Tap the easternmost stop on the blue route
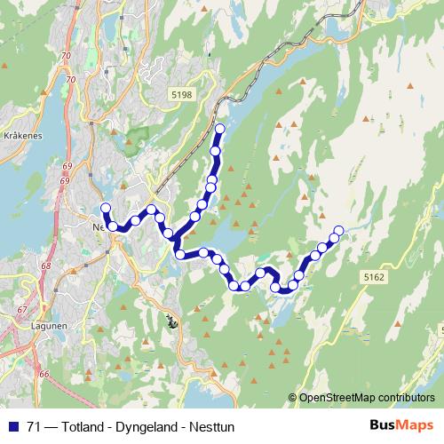[x=337, y=232]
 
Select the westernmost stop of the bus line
[x=105, y=209]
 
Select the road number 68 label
[x=45, y=266]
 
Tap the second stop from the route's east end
[x=331, y=238]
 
